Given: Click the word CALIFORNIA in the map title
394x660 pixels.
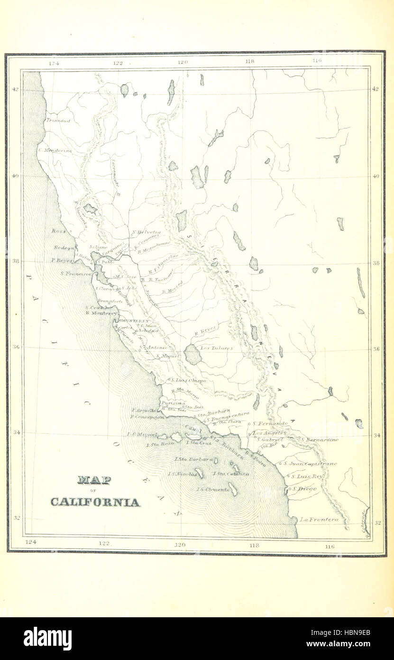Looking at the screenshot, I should click(95, 502).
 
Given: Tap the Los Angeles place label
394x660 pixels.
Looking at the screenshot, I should click(269, 433).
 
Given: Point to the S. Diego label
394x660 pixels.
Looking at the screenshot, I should click(304, 488).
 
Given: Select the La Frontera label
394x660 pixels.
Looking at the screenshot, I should click(319, 519).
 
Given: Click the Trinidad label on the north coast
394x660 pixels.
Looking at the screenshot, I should click(58, 121).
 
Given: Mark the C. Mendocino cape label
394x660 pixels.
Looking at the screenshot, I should click(55, 151).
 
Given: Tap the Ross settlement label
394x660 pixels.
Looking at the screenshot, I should click(59, 231).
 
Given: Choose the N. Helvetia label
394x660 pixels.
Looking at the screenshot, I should click(146, 232).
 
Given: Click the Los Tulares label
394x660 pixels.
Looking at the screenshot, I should click(216, 348).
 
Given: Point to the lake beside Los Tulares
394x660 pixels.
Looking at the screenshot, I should click(192, 354).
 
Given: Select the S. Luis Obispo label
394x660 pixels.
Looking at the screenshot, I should click(188, 380).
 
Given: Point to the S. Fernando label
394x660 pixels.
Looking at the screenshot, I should click(270, 423).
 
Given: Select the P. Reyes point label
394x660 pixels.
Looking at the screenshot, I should click(62, 260).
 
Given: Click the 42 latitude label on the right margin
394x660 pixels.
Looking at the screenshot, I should click(376, 89).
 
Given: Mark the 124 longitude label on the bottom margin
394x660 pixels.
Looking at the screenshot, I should click(30, 542).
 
